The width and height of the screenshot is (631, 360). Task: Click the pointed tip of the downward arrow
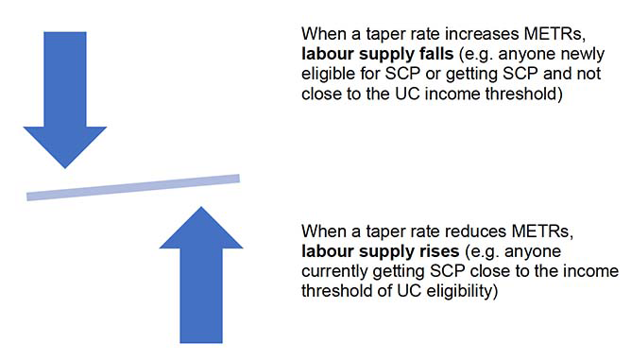pyautogui.click(x=65, y=168)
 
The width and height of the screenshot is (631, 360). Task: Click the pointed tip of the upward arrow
pyautogui.click(x=201, y=207)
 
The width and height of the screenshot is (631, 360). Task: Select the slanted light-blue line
pyautogui.click(x=133, y=187)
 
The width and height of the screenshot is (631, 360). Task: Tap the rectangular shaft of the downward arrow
pyautogui.click(x=65, y=79)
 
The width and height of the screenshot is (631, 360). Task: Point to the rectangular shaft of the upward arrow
pyautogui.click(x=201, y=296)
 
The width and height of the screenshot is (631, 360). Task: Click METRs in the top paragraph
pyautogui.click(x=554, y=34)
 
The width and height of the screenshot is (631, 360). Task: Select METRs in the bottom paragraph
pyautogui.click(x=542, y=231)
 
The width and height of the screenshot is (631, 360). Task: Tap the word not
pyautogui.click(x=588, y=74)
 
